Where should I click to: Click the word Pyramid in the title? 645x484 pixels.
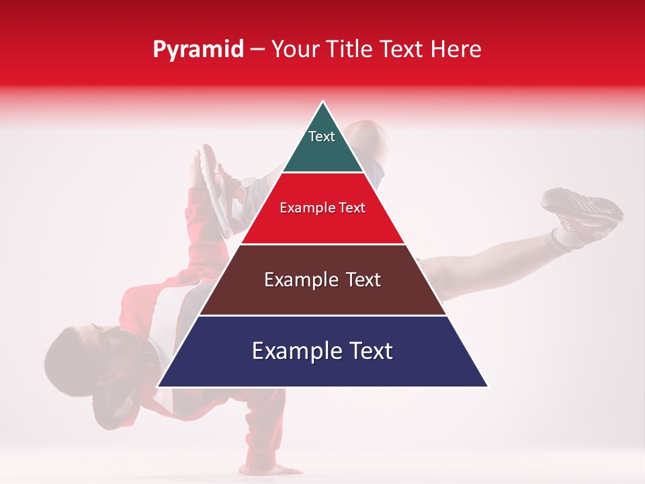pos(198,50)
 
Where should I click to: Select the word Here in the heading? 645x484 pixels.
pos(456,50)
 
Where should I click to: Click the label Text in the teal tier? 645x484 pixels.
pos(322,136)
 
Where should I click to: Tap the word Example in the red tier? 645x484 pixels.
pos(304,208)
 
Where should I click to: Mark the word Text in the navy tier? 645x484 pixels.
pos(369,351)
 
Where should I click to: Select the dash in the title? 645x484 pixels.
pos(257,50)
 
